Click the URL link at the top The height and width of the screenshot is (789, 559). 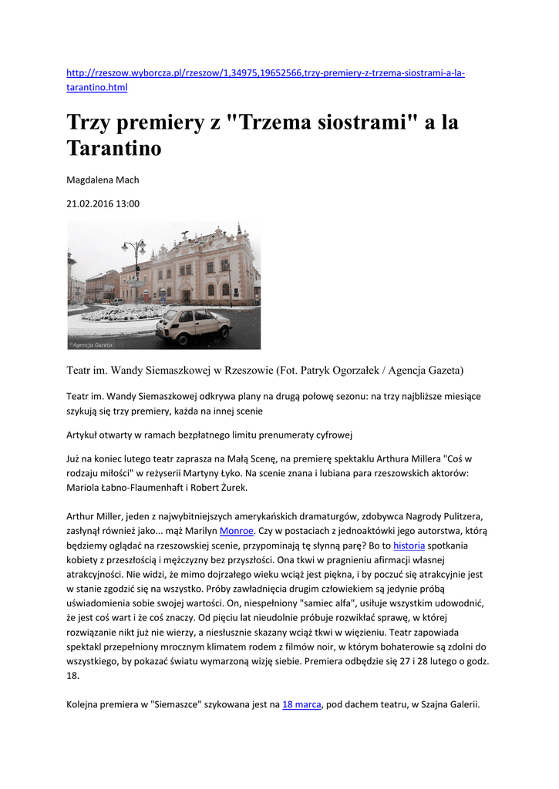coord(265,73)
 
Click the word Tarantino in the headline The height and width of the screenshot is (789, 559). coord(114,148)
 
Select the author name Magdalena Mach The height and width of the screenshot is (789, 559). coord(103,180)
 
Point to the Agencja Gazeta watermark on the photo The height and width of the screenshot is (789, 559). coord(91,344)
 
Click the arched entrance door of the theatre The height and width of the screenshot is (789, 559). coord(186,296)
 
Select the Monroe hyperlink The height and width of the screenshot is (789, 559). coord(237,531)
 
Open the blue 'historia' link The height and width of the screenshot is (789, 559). coord(409,546)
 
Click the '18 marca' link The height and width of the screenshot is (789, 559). coord(301,704)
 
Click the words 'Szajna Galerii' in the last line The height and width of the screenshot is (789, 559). coord(445,704)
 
